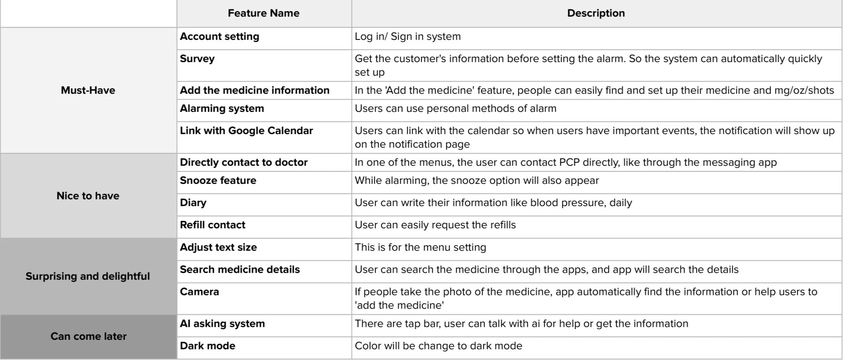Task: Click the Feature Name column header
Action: tap(263, 13)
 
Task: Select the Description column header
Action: tap(596, 13)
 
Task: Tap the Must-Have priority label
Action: tap(88, 91)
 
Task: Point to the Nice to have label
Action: tap(88, 196)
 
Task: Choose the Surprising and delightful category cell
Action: tap(88, 276)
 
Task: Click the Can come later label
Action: tap(88, 337)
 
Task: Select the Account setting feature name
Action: tap(220, 37)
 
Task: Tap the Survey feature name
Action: tap(197, 59)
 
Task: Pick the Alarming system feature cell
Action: tap(222, 109)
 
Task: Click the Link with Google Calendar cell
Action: tap(246, 131)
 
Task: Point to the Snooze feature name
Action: tap(218, 181)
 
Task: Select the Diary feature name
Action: tap(193, 203)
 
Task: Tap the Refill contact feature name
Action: tap(212, 225)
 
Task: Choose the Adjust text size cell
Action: tap(218, 247)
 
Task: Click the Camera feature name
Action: tap(199, 292)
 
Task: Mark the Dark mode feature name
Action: tap(207, 346)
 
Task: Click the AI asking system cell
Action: tap(222, 324)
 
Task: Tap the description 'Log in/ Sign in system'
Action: tap(407, 37)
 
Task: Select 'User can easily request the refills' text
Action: tap(435, 225)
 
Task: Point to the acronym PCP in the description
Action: tap(569, 163)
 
